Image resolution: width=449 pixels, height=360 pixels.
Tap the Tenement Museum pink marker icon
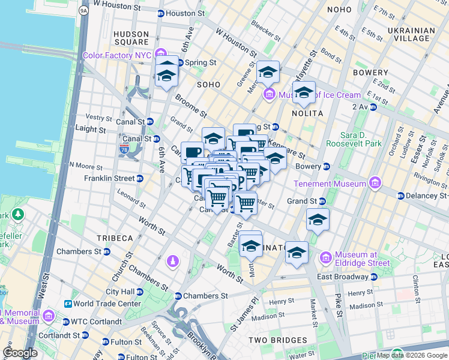[375, 183]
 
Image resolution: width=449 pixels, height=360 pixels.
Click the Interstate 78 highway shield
[125, 148]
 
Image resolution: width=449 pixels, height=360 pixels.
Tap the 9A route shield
[83, 10]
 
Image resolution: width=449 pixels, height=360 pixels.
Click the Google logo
[20, 352]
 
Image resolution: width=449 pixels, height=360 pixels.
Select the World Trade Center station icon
[67, 304]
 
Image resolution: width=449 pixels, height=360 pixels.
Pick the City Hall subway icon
[140, 292]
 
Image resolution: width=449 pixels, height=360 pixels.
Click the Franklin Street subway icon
[140, 178]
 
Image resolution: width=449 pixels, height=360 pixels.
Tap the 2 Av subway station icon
[373, 107]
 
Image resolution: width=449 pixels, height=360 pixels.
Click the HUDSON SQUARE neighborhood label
[131, 38]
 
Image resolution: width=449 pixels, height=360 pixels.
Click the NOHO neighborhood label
[344, 10]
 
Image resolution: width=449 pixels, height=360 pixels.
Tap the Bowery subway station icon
[327, 166]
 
